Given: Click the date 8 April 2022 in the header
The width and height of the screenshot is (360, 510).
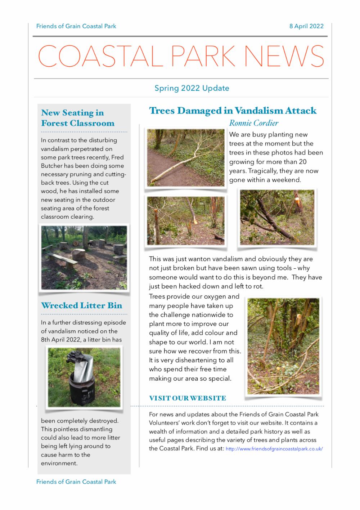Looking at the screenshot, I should click(x=306, y=26).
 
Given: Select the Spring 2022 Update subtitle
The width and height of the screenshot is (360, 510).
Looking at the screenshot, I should click(x=192, y=88).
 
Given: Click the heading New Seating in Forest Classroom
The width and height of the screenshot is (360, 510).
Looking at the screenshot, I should click(x=77, y=118).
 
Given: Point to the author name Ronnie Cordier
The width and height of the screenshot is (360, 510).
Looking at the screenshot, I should click(x=253, y=123).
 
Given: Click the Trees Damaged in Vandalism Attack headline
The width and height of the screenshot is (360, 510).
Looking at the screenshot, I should click(x=233, y=111).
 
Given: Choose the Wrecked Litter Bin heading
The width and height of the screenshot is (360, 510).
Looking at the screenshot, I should click(x=81, y=305).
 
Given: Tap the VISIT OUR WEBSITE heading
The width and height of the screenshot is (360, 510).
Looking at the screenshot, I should click(x=187, y=398).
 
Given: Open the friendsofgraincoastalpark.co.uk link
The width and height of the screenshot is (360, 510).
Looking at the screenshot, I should click(x=274, y=449).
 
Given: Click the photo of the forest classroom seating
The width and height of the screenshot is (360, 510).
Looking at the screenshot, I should click(x=84, y=257).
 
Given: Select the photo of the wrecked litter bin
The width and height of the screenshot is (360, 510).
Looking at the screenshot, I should click(x=84, y=377).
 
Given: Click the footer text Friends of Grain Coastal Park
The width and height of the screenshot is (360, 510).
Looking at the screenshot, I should click(x=76, y=482).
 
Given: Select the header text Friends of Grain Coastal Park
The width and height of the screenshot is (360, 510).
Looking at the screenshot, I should click(x=76, y=26).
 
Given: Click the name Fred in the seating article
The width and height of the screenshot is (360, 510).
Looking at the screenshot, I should click(x=118, y=157).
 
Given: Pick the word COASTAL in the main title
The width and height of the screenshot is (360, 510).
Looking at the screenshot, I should click(x=99, y=56).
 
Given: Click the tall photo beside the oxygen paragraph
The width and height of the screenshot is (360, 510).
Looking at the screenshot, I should click(x=283, y=345).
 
